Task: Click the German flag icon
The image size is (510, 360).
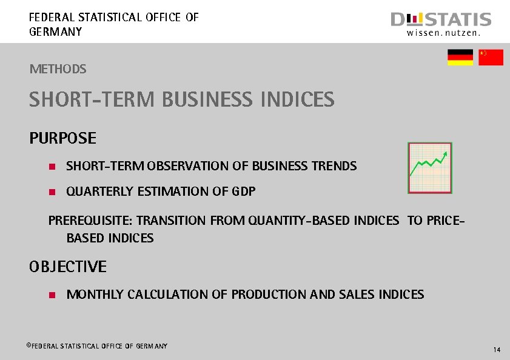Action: tap(460, 57)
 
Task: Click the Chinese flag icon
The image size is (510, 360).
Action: tap(491, 57)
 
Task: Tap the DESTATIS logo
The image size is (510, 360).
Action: tap(441, 20)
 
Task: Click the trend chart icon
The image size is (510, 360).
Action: tap(430, 168)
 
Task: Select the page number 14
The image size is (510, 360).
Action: tap(497, 350)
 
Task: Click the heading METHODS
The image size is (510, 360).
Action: tap(58, 69)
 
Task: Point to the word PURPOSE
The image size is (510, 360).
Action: tap(62, 138)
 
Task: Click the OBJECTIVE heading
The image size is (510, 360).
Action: tap(68, 267)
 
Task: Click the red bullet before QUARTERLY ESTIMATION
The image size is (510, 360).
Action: tap(52, 192)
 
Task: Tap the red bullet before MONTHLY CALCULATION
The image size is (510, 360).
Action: tap(52, 295)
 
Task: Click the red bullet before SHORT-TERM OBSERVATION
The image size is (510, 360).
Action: tap(52, 166)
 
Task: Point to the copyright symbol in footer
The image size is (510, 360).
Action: tap(28, 345)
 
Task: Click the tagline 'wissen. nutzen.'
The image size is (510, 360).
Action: tap(443, 34)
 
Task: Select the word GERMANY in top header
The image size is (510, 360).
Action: tap(55, 32)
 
